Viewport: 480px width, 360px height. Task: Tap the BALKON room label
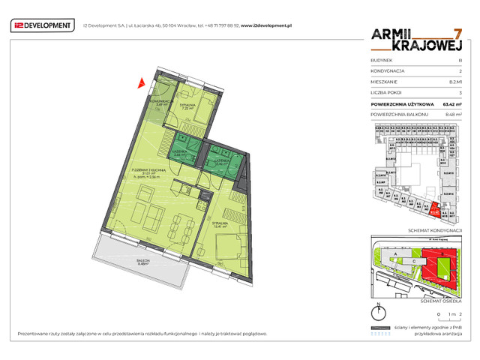[x=145, y=262]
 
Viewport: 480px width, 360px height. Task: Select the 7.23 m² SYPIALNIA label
[x=188, y=105]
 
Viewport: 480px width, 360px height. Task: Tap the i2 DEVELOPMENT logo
[x=42, y=26]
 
